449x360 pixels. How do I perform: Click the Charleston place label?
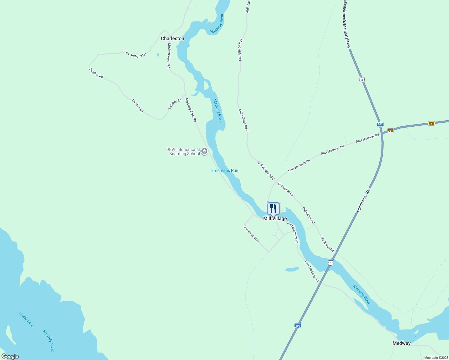coord(172,38)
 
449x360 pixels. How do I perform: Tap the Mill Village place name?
coord(275,219)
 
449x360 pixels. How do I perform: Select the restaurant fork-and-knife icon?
coord(273,208)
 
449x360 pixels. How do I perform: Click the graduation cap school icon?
coord(204,151)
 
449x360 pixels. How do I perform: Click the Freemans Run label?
coord(224,170)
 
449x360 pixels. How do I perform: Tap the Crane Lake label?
coord(26,319)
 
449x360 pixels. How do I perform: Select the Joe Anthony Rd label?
coord(135,54)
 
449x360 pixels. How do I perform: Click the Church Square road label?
coord(251,234)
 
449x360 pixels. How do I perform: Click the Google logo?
coord(10,356)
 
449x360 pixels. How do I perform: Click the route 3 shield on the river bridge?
coord(330,263)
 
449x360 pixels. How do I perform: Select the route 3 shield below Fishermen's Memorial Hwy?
coord(362,79)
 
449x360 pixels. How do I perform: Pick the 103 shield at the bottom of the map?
coord(297,325)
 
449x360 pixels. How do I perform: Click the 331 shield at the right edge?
coord(431,123)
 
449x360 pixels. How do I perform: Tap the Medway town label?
coord(401,343)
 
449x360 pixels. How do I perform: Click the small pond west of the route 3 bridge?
coord(292,269)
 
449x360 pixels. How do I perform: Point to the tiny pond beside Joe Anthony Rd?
coord(158,55)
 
